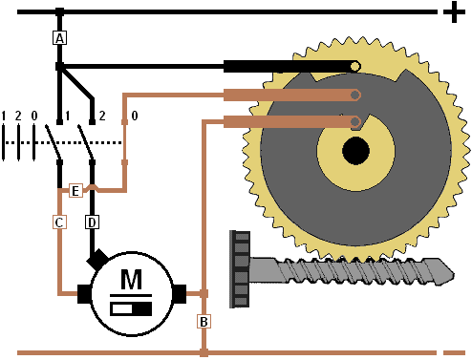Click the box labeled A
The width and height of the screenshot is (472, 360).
tap(59, 38)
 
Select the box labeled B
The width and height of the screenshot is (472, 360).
tap(204, 322)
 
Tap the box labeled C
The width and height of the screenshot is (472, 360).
tap(59, 222)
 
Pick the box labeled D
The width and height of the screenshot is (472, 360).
tap(92, 222)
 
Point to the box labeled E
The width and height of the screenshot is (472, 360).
tap(75, 191)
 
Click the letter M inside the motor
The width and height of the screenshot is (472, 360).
tap(131, 279)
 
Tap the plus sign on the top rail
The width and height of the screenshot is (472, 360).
tap(454, 12)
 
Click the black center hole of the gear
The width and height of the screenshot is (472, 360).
tap(355, 151)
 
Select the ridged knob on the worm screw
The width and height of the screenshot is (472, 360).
tap(240, 269)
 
